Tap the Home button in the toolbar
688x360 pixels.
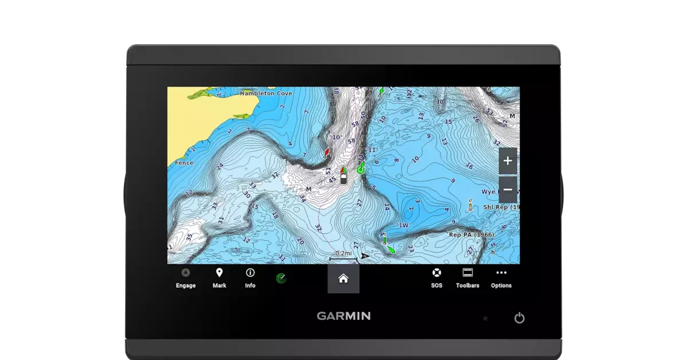343,279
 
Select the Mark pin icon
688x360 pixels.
219,278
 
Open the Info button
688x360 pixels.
250,278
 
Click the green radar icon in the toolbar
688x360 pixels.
281,279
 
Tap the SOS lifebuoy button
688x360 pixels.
436,278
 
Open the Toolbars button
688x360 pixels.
467,278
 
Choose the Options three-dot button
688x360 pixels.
501,278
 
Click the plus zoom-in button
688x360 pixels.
507,161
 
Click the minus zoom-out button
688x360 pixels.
507,190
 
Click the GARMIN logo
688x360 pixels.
343,316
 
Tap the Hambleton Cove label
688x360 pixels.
266,93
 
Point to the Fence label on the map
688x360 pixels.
184,163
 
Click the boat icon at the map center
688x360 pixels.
343,177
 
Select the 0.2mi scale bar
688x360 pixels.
343,256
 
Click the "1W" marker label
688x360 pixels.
404,225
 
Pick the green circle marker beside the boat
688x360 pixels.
361,169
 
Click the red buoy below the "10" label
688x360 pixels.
327,152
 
